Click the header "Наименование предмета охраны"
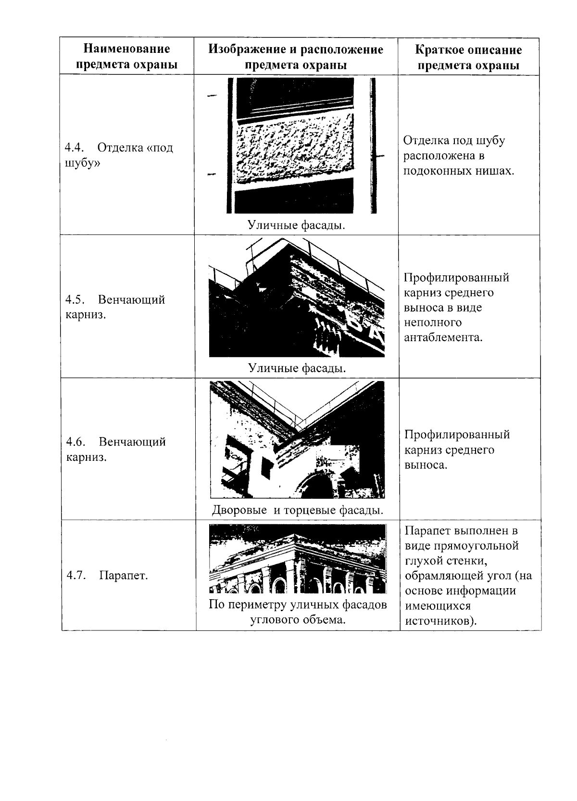click(x=126, y=57)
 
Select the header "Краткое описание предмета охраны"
click(x=468, y=58)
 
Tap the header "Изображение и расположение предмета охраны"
click(x=296, y=57)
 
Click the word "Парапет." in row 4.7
click(x=124, y=575)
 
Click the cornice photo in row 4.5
click(x=297, y=298)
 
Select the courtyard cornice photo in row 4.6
click(x=297, y=440)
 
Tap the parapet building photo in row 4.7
click(x=298, y=559)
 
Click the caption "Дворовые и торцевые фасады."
click(x=298, y=510)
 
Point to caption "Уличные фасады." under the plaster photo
click(x=297, y=225)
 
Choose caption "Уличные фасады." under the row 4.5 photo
click(x=297, y=368)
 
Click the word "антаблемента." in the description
click(x=443, y=337)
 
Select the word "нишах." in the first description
click(x=498, y=171)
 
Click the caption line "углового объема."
click(x=298, y=619)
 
